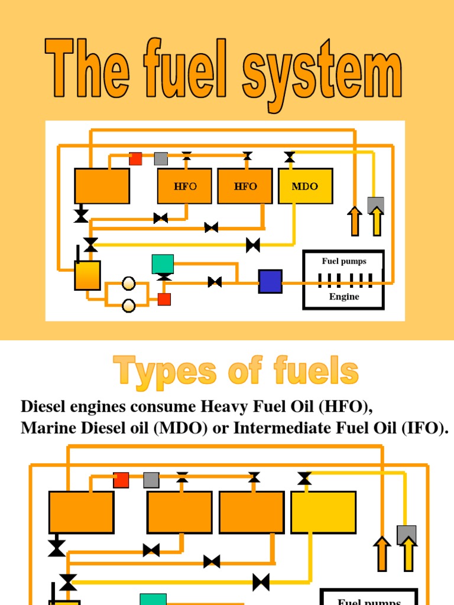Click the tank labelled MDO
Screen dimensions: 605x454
tap(305, 186)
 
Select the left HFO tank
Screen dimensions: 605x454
tap(184, 186)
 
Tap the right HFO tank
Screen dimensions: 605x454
tap(245, 186)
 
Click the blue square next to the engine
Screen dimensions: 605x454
tap(270, 281)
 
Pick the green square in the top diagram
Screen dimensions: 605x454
tap(163, 264)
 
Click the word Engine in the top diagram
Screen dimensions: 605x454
tap(344, 297)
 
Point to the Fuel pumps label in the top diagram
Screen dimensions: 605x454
tap(344, 261)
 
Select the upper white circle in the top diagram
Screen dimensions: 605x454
tap(128, 284)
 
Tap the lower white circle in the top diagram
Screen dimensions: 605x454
tap(128, 305)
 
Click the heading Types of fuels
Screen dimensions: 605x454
tap(236, 372)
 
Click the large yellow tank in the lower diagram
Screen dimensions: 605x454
tap(323, 512)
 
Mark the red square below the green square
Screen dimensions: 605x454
tap(164, 300)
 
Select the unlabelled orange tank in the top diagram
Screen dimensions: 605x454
tap(102, 186)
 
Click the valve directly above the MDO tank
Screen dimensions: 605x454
tap(290, 157)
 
